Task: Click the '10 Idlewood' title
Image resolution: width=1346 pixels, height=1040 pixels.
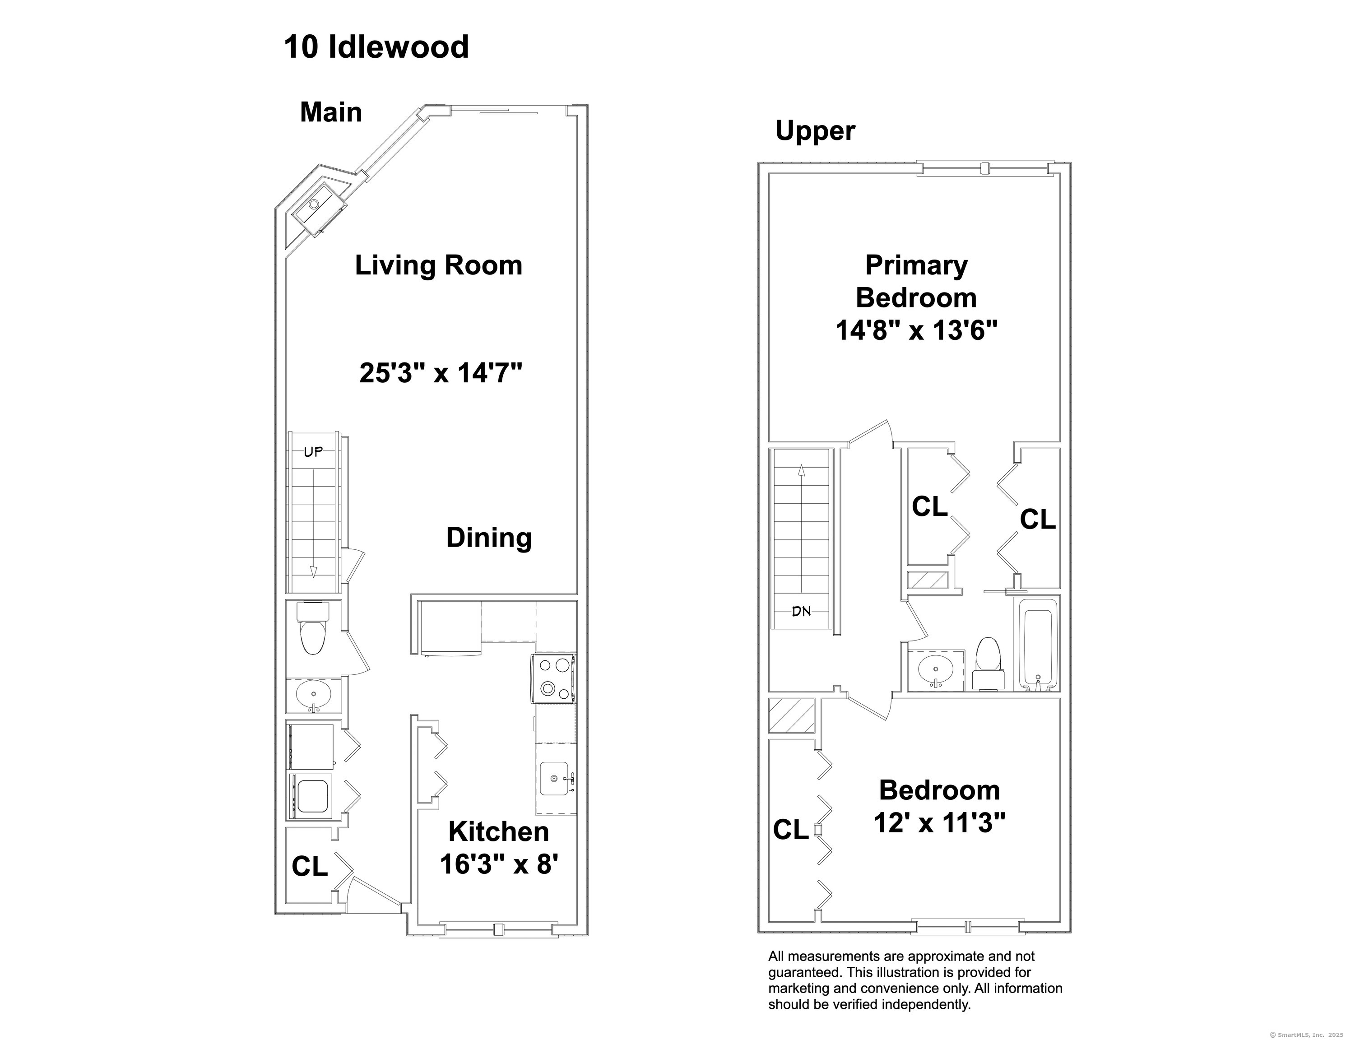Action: (x=376, y=47)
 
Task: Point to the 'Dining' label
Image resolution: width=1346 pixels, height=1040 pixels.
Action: (x=489, y=538)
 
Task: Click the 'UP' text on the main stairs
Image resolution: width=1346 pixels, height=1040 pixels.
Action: (x=313, y=452)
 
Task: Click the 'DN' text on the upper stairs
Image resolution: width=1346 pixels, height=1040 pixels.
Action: (x=801, y=612)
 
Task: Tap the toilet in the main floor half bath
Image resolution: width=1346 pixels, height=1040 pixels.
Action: (x=313, y=628)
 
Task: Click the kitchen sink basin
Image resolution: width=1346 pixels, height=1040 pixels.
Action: (x=555, y=779)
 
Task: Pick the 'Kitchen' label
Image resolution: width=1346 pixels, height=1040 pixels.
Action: (x=499, y=831)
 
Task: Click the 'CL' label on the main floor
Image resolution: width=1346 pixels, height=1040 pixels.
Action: (x=309, y=866)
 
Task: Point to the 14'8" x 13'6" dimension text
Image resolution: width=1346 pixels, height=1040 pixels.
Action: (x=916, y=330)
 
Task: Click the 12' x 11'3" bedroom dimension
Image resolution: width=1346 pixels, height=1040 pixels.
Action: (x=939, y=822)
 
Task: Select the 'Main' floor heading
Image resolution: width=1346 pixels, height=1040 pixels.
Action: (x=331, y=112)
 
